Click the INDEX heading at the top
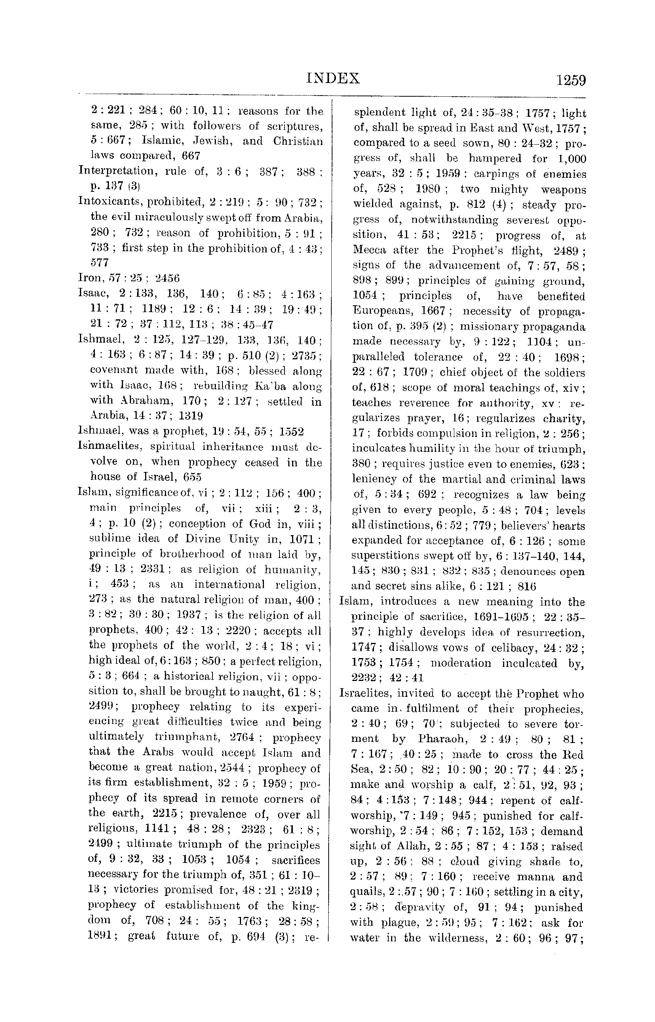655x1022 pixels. [x=333, y=78]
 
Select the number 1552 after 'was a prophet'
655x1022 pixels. [x=291, y=432]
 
